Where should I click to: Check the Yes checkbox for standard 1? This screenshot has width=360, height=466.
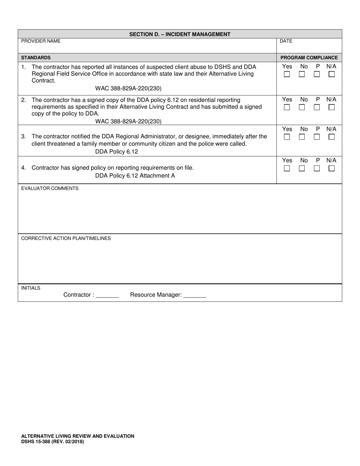(287, 75)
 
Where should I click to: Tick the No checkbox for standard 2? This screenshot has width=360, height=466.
(302, 108)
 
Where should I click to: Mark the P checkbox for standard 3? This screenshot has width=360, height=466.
(317, 137)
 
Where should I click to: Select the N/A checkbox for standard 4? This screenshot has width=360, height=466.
(332, 169)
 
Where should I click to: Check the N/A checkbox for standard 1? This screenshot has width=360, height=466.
(332, 75)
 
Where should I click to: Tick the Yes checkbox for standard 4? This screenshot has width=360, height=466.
(287, 169)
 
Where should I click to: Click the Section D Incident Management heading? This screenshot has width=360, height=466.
(180, 34)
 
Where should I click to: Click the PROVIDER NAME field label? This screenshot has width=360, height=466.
(41, 41)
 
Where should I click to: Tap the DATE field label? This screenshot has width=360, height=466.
(286, 41)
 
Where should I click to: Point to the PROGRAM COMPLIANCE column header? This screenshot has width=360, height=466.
(309, 58)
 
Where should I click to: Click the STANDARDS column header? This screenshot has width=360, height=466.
(36, 58)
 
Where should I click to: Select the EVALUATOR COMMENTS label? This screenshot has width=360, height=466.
(50, 188)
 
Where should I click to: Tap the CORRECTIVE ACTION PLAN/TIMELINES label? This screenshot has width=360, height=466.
(66, 238)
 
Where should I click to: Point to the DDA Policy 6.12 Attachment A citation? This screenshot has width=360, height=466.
(135, 176)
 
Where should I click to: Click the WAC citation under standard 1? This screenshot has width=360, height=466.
(128, 89)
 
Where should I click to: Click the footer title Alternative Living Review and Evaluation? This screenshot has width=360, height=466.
(77, 436)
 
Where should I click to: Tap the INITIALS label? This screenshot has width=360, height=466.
(31, 288)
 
